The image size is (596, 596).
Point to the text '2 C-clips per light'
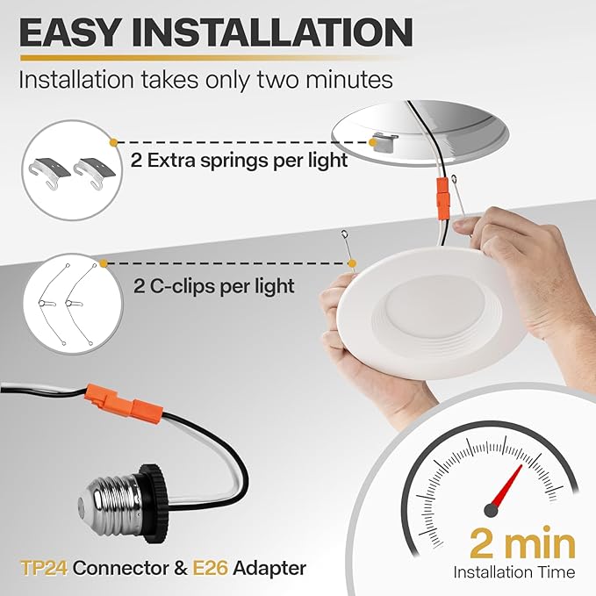click(x=212, y=286)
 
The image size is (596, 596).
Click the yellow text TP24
click(x=43, y=568)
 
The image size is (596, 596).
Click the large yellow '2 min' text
click(x=523, y=543)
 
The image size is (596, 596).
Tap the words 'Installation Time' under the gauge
click(x=514, y=572)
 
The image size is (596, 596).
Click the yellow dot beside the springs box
click(x=113, y=140)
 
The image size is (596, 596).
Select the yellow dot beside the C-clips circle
click(x=104, y=262)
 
